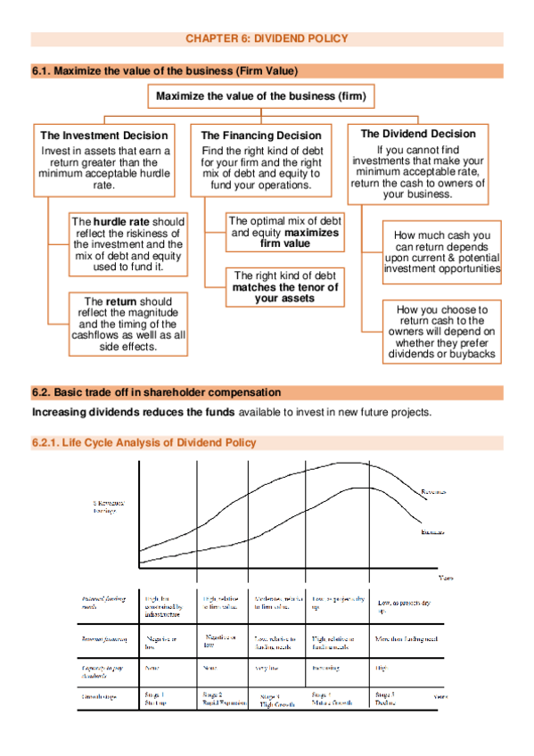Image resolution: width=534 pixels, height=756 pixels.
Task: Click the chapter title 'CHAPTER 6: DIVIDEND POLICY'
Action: pos(267,38)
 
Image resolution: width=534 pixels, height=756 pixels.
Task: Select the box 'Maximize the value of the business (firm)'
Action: pos(260,96)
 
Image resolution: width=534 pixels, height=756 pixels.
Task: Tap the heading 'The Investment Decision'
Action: pos(104,136)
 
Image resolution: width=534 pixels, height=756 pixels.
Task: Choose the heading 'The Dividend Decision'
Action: pos(418,134)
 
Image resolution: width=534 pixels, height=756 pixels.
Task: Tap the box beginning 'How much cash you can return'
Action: pos(442,251)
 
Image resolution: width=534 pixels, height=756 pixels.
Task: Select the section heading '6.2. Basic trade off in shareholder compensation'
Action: pos(157,392)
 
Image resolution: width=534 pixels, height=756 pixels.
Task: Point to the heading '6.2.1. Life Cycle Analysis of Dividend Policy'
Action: pos(144,442)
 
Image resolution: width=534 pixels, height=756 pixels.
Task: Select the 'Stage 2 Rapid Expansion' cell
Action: pos(222,695)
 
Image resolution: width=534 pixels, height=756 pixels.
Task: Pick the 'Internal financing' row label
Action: pos(100,639)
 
